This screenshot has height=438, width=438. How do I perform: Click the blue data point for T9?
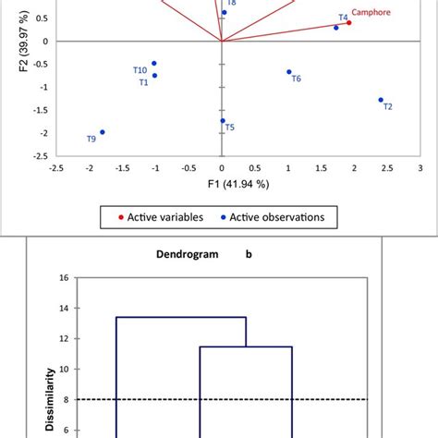tap(102, 132)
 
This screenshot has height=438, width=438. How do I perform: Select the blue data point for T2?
tap(381, 100)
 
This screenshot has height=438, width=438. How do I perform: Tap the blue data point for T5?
tap(223, 121)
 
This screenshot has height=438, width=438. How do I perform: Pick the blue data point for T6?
tap(289, 72)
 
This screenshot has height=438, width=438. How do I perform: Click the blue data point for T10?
tap(154, 64)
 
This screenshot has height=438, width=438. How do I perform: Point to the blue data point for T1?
tap(154, 76)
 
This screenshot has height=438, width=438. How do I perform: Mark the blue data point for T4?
tap(336, 28)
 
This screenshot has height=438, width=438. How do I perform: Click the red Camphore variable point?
tap(349, 23)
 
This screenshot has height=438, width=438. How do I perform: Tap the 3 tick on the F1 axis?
tap(420, 168)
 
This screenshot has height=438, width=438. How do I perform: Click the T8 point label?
tap(231, 4)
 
